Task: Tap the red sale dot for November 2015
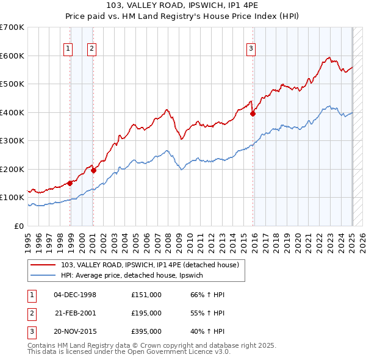tap(253, 113)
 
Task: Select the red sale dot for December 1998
tap(70, 182)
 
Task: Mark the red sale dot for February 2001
tap(94, 170)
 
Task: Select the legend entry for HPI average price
tap(135, 276)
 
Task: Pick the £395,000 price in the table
tap(146, 332)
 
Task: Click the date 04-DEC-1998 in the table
tap(75, 294)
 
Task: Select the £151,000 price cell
tap(146, 294)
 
